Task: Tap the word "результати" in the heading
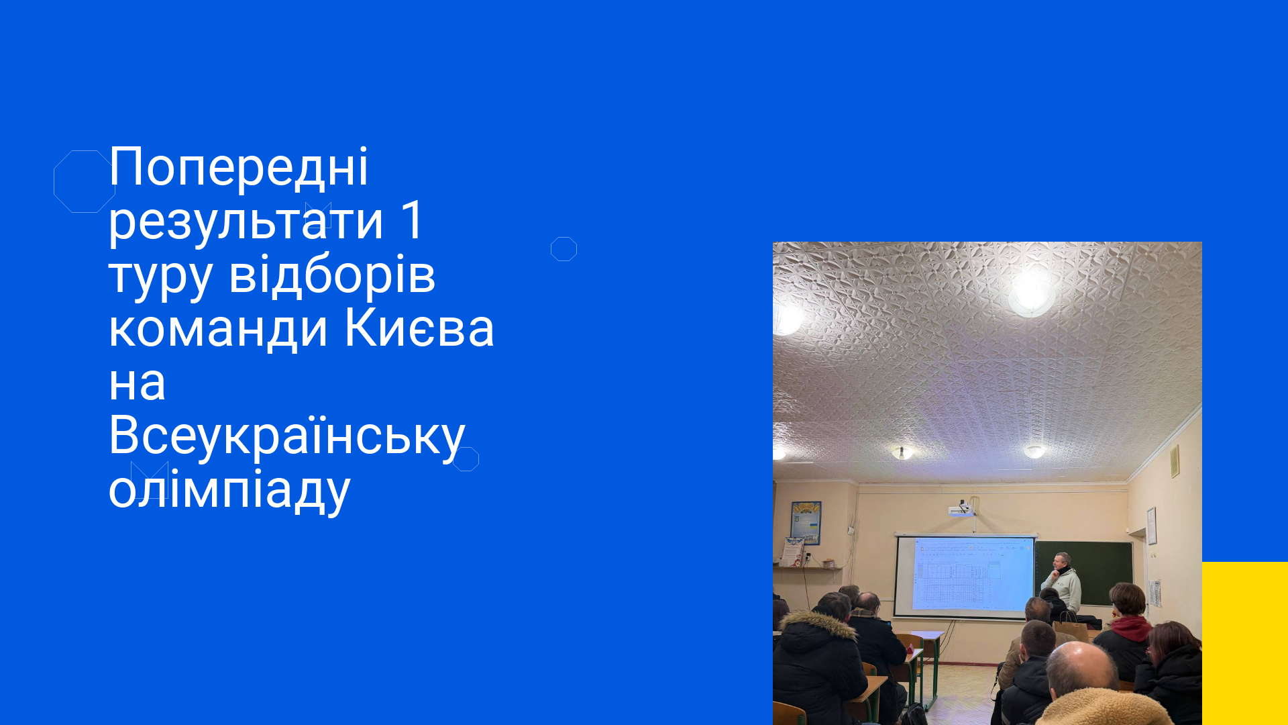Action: click(246, 222)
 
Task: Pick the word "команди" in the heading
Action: click(218, 330)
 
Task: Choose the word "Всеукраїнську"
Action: click(286, 436)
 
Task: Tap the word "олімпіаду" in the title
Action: click(229, 490)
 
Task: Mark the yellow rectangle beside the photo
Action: click(1245, 643)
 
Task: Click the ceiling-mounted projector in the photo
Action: click(962, 509)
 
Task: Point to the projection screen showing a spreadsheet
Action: click(965, 576)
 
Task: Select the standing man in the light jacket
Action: click(1061, 583)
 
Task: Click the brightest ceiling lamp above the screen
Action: click(1032, 293)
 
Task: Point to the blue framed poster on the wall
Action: click(806, 522)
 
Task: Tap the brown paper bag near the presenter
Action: click(1070, 630)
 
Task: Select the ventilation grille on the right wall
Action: click(1175, 461)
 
